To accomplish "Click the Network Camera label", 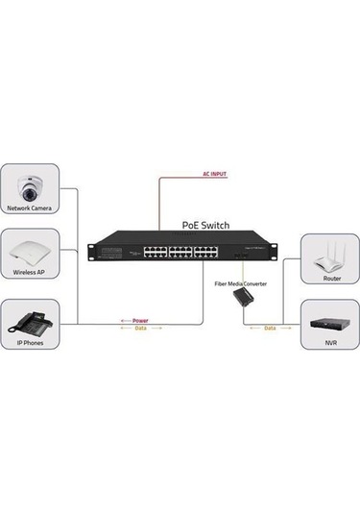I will pos(30,208).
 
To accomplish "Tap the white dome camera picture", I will pos(30,184).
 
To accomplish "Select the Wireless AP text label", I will pos(30,273).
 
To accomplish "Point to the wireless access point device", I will pos(30,252).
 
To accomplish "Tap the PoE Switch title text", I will pos(204,226).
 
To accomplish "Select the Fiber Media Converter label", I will pos(240,284).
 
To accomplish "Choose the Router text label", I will pos(331,277).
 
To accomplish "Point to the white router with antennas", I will pos(331,255).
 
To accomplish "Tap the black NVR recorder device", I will pos(331,322).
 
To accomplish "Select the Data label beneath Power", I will pos(140,329).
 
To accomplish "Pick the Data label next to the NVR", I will pos(270,329).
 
